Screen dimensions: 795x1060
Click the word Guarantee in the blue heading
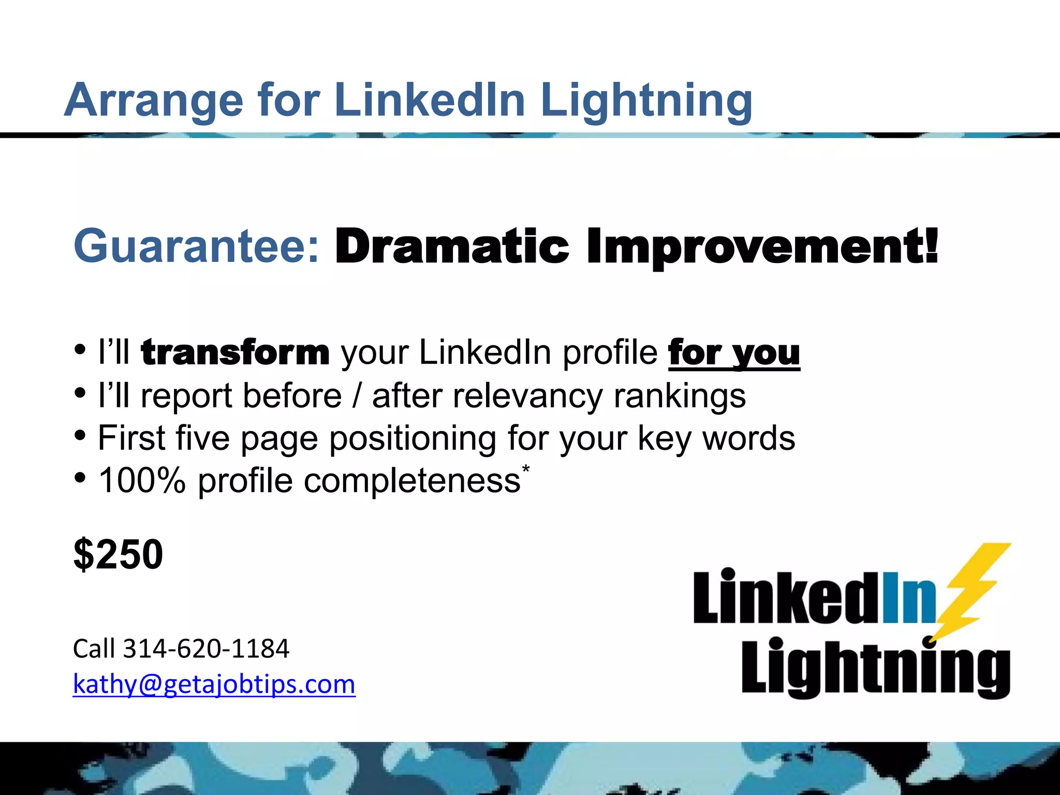[x=197, y=246]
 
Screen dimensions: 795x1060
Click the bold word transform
[x=235, y=352]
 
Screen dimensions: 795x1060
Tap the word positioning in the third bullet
[x=412, y=439]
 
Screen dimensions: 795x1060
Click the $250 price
[x=119, y=554]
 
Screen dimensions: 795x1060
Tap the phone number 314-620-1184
[x=206, y=649]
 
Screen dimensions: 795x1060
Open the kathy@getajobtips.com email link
[x=214, y=684]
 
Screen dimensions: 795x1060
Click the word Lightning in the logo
[x=875, y=667]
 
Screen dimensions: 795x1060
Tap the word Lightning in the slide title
[x=646, y=100]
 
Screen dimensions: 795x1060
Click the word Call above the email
[x=93, y=649]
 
